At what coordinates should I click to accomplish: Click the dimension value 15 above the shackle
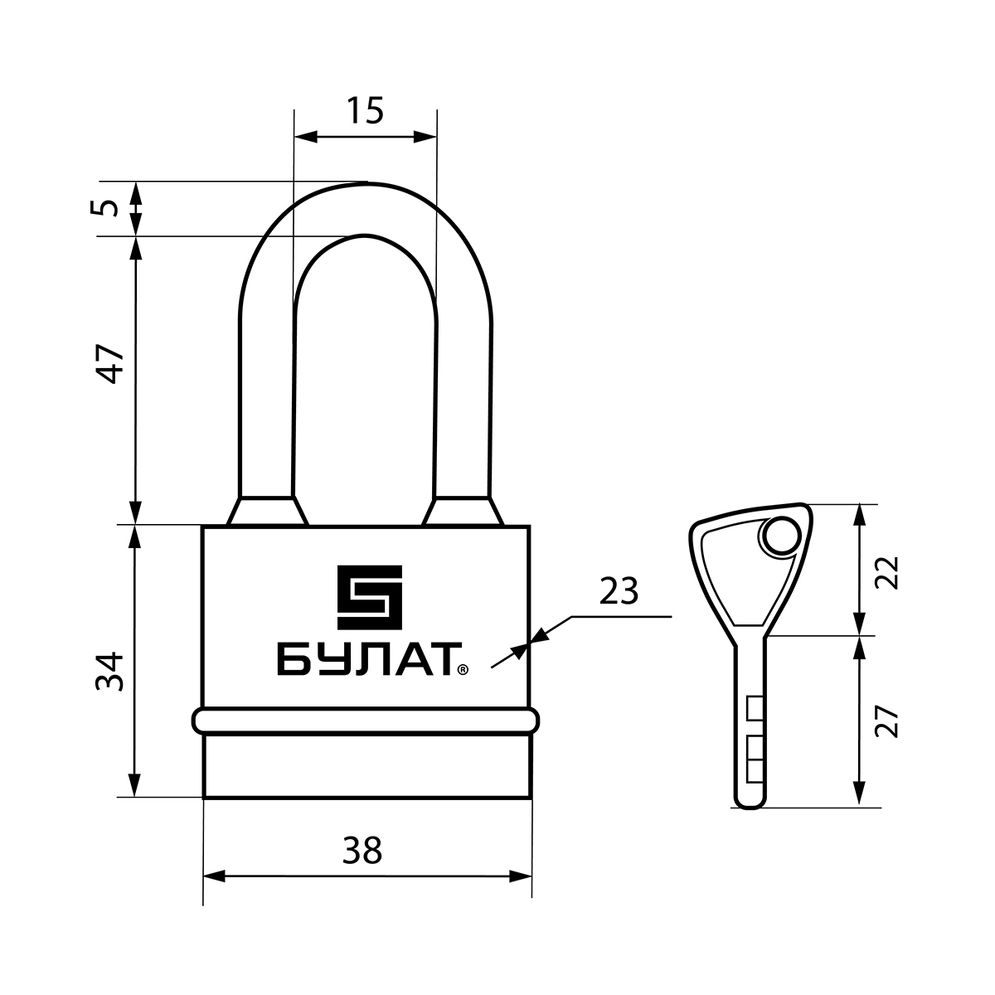tap(365, 110)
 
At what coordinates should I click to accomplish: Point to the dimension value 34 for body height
tap(109, 672)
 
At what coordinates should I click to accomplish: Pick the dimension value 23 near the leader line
tap(619, 592)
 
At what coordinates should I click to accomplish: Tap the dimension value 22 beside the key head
tap(888, 573)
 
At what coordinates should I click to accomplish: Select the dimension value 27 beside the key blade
tap(888, 721)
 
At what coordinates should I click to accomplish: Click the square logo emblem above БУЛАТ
tap(370, 597)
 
